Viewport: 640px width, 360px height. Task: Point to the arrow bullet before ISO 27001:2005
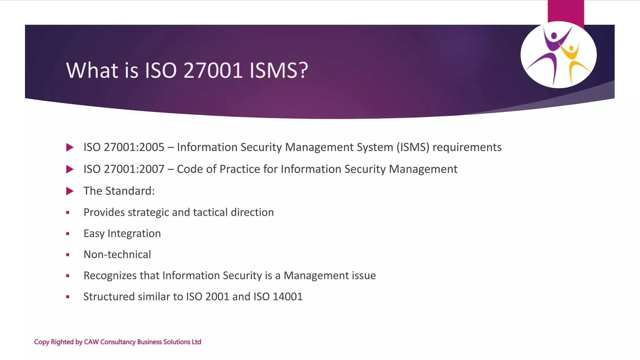pos(70,147)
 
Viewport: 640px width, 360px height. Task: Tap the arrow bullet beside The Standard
pos(70,191)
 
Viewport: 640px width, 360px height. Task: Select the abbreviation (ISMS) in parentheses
pos(413,147)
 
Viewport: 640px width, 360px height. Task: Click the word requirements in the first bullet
pos(467,147)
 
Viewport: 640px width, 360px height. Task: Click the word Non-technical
pos(117,255)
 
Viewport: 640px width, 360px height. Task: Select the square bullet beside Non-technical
pos(67,255)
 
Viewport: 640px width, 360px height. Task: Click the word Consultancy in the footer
pos(118,342)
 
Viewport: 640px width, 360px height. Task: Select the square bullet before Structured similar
pos(67,297)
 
